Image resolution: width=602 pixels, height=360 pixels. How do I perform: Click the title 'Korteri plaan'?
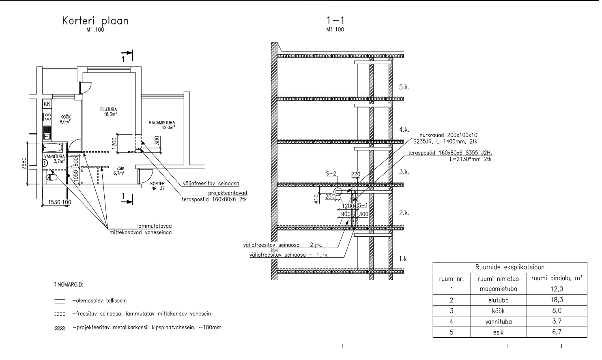point(95,21)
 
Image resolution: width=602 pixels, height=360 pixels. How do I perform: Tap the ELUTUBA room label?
point(105,109)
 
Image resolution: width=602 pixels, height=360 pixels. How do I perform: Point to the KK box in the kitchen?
point(47,104)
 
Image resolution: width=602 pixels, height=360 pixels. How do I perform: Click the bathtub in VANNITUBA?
point(54,147)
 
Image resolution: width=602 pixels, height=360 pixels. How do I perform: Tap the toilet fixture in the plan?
point(52,177)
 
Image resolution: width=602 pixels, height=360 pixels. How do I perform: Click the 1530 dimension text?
point(54,202)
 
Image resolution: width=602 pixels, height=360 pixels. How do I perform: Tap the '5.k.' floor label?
point(404,87)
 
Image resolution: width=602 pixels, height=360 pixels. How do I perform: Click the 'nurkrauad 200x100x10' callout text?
point(449,135)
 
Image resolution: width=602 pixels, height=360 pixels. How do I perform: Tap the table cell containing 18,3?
point(557,300)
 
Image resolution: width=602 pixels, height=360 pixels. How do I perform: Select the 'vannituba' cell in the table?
point(497,322)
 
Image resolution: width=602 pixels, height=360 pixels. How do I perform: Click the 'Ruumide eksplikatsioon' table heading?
point(510,267)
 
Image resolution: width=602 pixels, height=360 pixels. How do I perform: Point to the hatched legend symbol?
point(60,328)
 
